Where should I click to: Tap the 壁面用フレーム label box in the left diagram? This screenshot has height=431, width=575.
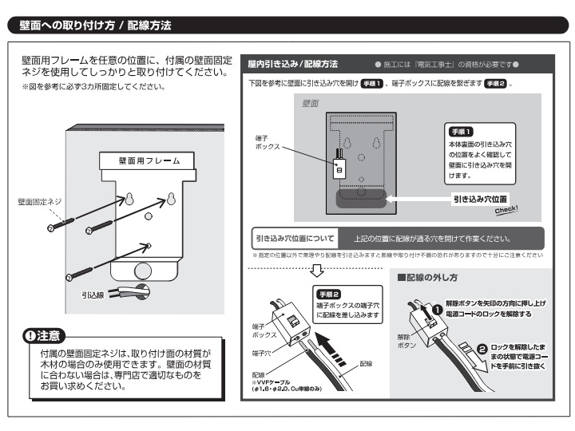click(149, 160)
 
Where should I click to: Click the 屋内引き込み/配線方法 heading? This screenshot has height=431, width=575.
click(292, 63)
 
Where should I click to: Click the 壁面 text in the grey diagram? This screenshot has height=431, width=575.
click(310, 104)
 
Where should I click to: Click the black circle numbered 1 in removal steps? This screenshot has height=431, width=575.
click(437, 309)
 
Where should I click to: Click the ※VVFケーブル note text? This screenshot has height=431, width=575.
click(276, 384)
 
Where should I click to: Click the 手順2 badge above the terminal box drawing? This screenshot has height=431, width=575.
click(330, 294)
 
